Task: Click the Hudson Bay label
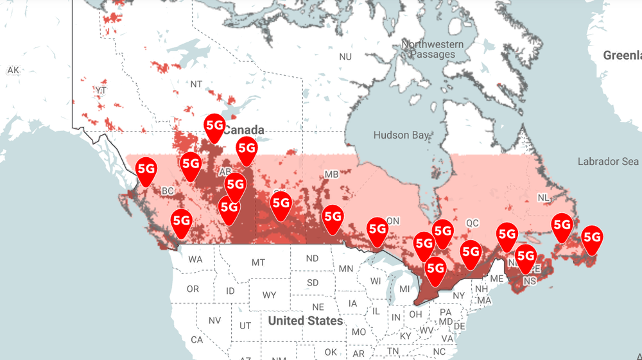[x=401, y=135]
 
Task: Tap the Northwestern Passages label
[x=433, y=49]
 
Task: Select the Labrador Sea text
[x=608, y=161]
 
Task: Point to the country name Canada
[x=243, y=130]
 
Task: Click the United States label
[x=306, y=320]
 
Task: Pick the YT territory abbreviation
[x=101, y=90]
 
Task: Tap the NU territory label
[x=345, y=57]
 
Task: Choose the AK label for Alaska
[x=13, y=70]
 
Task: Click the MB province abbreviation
[x=331, y=175]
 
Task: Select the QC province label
[x=472, y=223]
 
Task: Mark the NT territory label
[x=196, y=84]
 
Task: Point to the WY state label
[x=269, y=295]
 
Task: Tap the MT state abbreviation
[x=258, y=262]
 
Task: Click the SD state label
[x=313, y=282]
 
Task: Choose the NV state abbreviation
[x=214, y=320]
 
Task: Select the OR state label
[x=193, y=289]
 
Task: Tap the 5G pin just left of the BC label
[x=146, y=169]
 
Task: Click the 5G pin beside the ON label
[x=377, y=229]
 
